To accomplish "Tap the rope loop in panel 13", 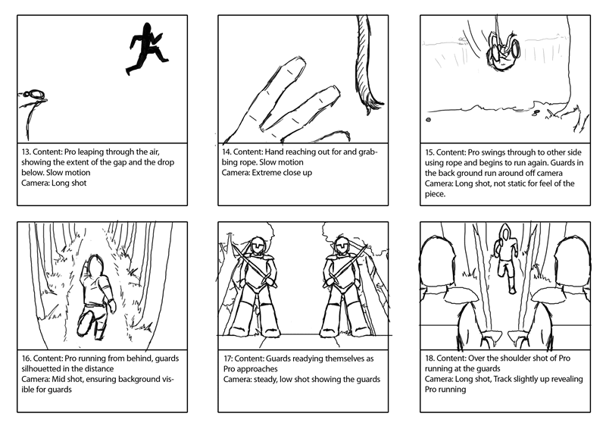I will pyautogui.click(x=33, y=95).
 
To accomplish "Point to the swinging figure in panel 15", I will pyautogui.click(x=499, y=51).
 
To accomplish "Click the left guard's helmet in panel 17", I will pyautogui.click(x=258, y=246).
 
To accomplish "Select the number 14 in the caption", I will pyautogui.click(x=228, y=152).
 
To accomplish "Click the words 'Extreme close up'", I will pyautogui.click(x=290, y=173).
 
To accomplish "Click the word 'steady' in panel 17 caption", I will pyautogui.click(x=268, y=379).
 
